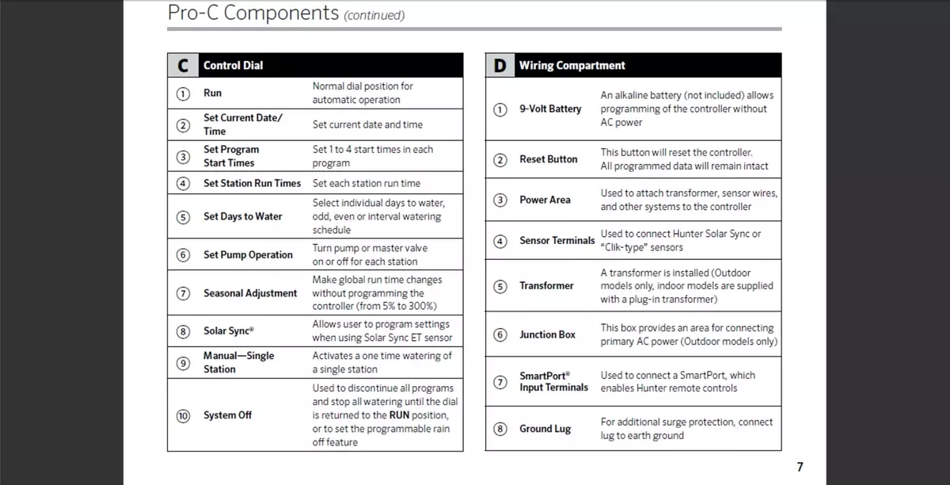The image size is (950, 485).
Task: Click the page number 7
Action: pyautogui.click(x=799, y=468)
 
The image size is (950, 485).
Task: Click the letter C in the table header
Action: pyautogui.click(x=183, y=66)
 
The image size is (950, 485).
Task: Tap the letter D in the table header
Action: pyautogui.click(x=500, y=66)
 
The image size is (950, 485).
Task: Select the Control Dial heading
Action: pyautogui.click(x=233, y=66)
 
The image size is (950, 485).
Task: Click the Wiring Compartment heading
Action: pyautogui.click(x=572, y=66)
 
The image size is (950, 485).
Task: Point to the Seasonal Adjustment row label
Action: pyautogui.click(x=250, y=293)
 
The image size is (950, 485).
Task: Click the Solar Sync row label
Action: pyautogui.click(x=229, y=331)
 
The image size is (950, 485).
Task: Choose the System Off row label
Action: pyautogui.click(x=227, y=415)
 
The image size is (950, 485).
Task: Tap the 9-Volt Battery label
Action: pyautogui.click(x=550, y=109)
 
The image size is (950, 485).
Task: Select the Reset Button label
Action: pyautogui.click(x=549, y=159)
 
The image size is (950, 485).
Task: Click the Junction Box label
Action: pyautogui.click(x=547, y=334)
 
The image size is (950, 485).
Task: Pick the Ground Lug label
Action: pyautogui.click(x=545, y=429)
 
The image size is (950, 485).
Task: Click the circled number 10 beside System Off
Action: pyautogui.click(x=183, y=415)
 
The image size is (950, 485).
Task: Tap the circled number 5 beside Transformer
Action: pyautogui.click(x=500, y=286)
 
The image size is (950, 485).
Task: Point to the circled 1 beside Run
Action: pyautogui.click(x=183, y=93)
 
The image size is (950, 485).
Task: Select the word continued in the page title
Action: pyautogui.click(x=374, y=15)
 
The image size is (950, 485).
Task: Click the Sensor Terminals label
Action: pyautogui.click(x=557, y=240)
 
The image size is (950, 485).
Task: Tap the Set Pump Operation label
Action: pyautogui.click(x=248, y=254)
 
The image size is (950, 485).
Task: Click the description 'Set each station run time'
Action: pyautogui.click(x=367, y=183)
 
